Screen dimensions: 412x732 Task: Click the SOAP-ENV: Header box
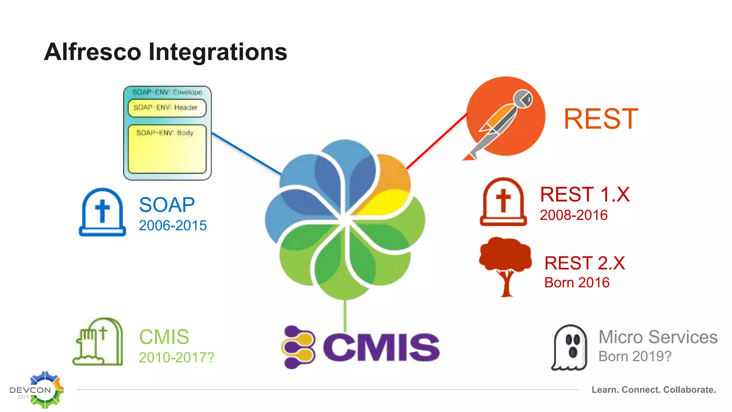[x=167, y=108]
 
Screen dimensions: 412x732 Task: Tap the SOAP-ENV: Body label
[x=165, y=133]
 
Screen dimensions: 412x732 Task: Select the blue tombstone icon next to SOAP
[x=102, y=212]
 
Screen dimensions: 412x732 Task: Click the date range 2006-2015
[x=173, y=226]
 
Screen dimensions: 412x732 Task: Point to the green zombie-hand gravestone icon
[x=98, y=342]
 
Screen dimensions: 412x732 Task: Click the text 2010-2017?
[x=177, y=357]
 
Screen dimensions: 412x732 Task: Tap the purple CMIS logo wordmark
[x=381, y=347]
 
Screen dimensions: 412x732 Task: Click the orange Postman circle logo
[x=505, y=116]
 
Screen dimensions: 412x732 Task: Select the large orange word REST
[x=601, y=119]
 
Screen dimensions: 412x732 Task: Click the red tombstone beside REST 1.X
[x=503, y=202]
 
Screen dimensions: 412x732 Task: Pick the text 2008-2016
[x=573, y=215]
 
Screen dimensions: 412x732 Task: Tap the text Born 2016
[x=577, y=283]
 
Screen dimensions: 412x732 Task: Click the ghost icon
[x=570, y=348]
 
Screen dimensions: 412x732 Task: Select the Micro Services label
[x=658, y=337]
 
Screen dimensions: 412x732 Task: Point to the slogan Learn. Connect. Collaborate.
[x=653, y=389]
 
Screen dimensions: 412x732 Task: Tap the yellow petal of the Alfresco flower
[x=386, y=202]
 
